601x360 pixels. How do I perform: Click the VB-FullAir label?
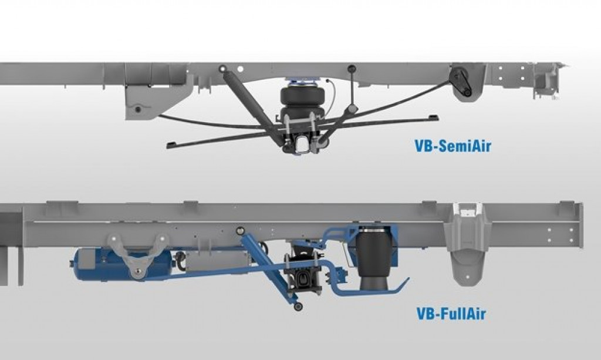coord(448,312)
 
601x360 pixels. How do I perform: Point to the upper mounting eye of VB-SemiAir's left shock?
coord(223,69)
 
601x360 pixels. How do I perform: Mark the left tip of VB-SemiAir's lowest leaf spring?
coord(170,144)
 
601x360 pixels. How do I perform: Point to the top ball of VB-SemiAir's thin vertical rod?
coord(351,69)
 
